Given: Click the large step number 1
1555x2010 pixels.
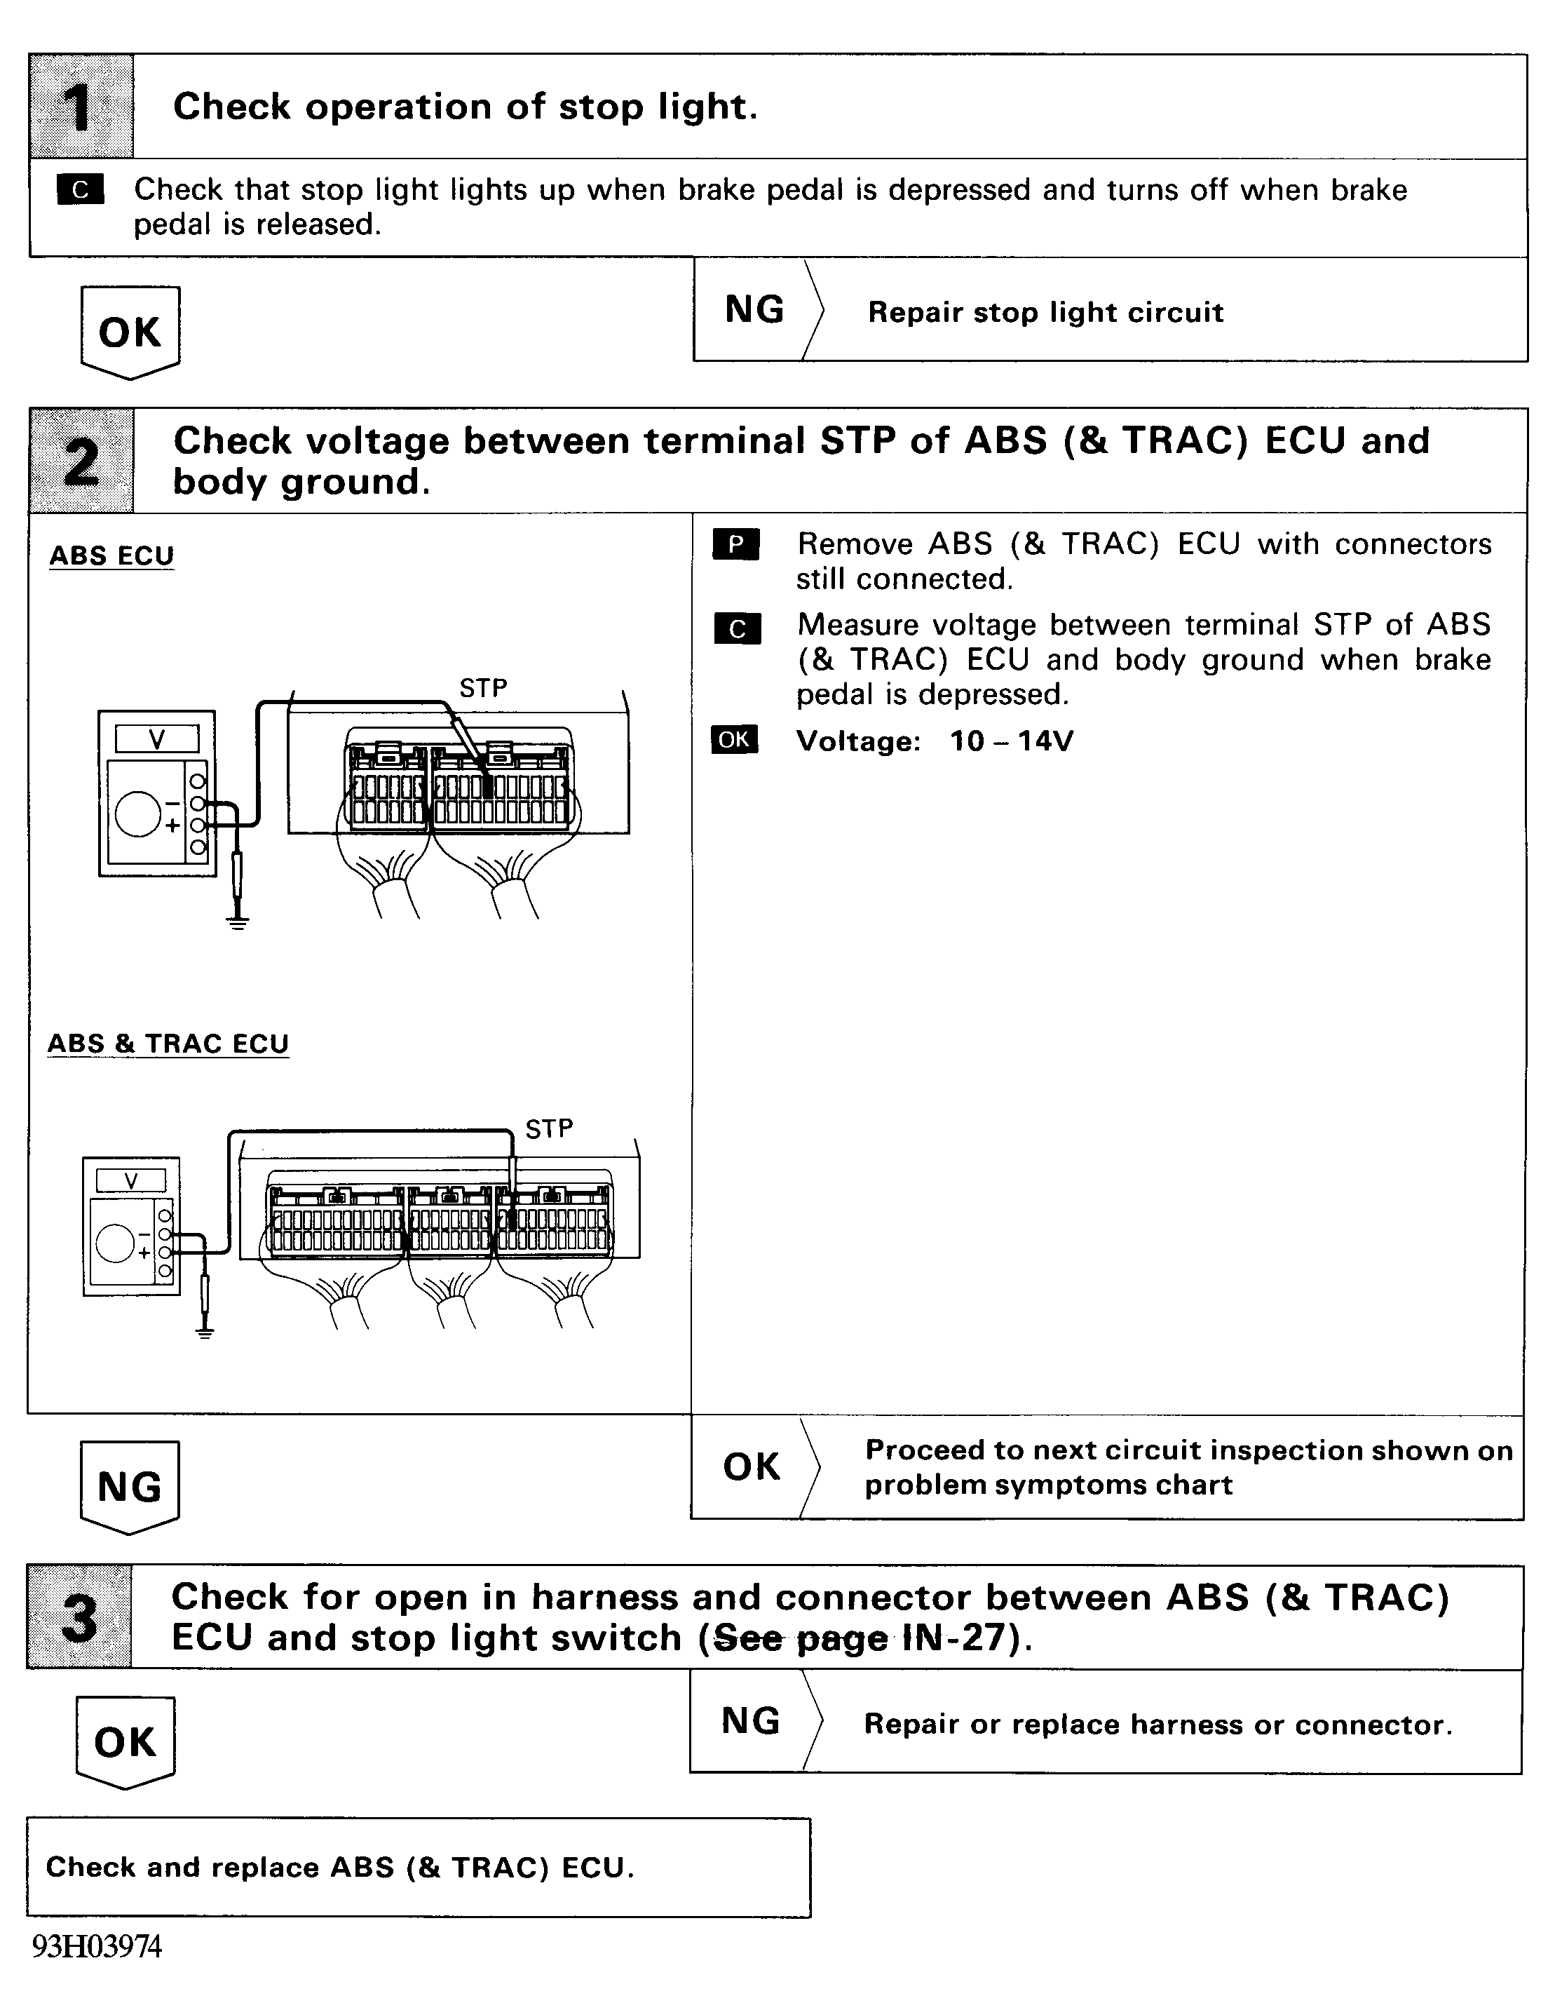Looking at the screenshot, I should [81, 107].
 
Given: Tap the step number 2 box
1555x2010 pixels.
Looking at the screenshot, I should [81, 461].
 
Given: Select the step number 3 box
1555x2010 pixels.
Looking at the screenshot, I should [79, 1617].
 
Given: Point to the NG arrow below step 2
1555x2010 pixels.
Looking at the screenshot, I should [130, 1486].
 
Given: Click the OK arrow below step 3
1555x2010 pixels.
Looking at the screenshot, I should [125, 1741].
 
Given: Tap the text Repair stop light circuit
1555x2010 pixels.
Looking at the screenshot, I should [1045, 313].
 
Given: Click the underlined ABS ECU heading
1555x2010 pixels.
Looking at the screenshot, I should [111, 556].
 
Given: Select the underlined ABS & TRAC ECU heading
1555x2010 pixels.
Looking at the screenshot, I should [168, 1044].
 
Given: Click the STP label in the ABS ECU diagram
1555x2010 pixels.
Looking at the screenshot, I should [483, 689].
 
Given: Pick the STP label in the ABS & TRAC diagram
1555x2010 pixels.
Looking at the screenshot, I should [550, 1128].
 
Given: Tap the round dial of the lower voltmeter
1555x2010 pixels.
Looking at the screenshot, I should [116, 1243].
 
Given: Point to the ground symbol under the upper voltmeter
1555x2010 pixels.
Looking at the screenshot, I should [238, 923].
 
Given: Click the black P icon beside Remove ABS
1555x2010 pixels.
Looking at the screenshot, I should [736, 545].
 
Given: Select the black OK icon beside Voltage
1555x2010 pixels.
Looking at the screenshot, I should [734, 740].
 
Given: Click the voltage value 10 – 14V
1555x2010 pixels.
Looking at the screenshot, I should [1011, 741].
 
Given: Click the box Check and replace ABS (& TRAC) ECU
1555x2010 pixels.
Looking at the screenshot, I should [419, 1868].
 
